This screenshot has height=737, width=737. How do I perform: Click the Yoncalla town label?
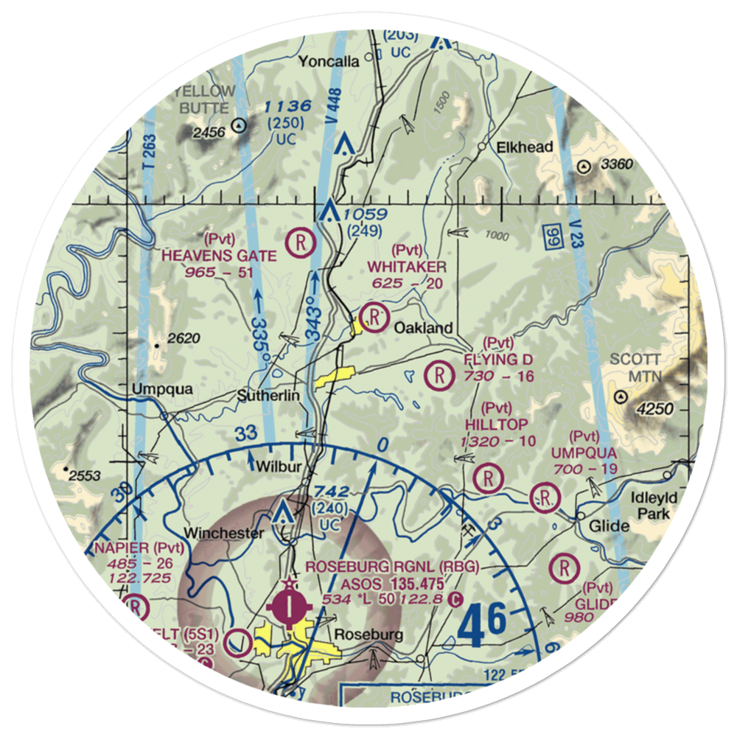click(329, 62)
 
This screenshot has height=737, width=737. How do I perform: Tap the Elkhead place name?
click(525, 147)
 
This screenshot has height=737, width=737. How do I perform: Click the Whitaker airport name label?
click(408, 267)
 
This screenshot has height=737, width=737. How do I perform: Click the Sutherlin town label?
click(268, 396)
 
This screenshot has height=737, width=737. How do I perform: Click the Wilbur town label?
click(276, 466)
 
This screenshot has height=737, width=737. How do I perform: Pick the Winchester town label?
click(223, 533)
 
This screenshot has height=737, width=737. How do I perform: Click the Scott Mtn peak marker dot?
click(621, 397)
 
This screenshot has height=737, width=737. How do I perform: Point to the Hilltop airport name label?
click(497, 424)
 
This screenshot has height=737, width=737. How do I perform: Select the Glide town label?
click(609, 525)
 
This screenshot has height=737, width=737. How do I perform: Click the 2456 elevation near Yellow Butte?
click(209, 132)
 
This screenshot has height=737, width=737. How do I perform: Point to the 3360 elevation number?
click(615, 164)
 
